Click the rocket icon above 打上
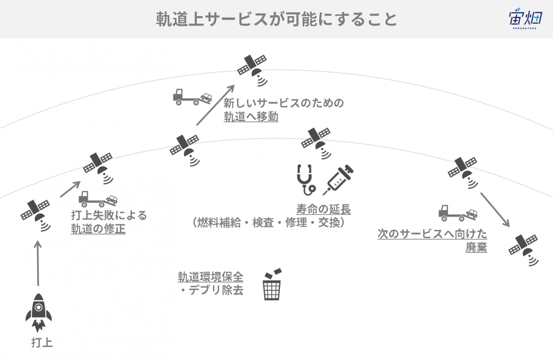[39, 312]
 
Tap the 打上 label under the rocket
[42, 343]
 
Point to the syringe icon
[338, 180]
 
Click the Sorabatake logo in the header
[526, 19]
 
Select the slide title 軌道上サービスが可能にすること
[276, 19]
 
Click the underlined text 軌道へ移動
[251, 116]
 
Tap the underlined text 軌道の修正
[98, 229]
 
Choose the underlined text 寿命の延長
[324, 210]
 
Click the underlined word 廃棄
[476, 247]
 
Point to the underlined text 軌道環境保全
[211, 277]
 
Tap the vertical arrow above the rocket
[38, 263]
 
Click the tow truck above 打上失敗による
[98, 199]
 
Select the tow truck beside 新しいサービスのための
[193, 97]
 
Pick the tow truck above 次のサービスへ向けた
[458, 213]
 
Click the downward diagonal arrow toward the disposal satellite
[495, 210]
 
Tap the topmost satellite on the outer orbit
[252, 70]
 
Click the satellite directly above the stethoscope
[316, 143]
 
